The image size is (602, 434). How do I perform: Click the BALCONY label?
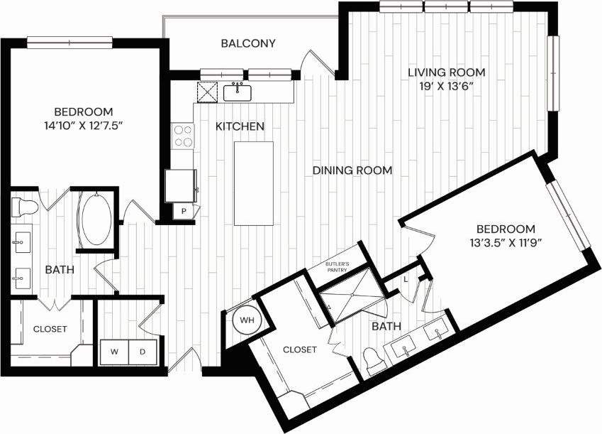click(x=247, y=43)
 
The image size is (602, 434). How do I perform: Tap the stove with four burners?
click(x=184, y=136)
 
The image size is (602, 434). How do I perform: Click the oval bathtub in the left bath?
click(x=95, y=219)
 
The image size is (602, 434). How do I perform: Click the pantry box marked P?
click(x=183, y=212)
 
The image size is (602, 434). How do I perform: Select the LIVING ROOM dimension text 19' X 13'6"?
click(x=445, y=86)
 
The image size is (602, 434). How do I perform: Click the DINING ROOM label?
click(x=352, y=170)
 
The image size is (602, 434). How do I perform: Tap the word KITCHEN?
click(x=240, y=126)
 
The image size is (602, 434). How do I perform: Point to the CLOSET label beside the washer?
click(x=50, y=329)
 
